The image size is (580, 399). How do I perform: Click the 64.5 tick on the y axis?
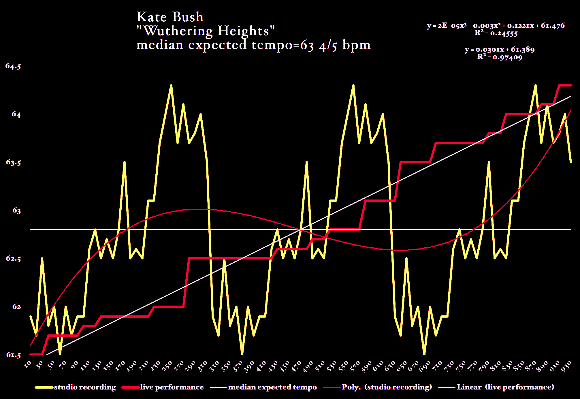(13, 66)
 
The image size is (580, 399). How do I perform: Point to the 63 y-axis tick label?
(16, 210)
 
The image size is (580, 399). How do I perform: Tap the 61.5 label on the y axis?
(13, 355)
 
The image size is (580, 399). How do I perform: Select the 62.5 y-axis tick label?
(13, 259)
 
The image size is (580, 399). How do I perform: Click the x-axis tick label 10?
(28, 365)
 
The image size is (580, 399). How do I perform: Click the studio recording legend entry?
(85, 387)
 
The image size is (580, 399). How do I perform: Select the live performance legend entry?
(172, 387)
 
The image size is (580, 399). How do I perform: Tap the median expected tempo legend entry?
(272, 387)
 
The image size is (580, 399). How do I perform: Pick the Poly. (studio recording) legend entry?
(387, 387)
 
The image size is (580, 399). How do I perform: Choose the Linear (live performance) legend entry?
(505, 387)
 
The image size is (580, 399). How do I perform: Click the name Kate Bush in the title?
(170, 17)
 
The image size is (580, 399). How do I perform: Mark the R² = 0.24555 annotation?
(496, 33)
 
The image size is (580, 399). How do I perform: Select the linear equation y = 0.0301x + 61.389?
(500, 50)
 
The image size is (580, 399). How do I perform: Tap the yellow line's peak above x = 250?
(171, 85)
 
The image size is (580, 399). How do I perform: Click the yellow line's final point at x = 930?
(570, 162)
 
